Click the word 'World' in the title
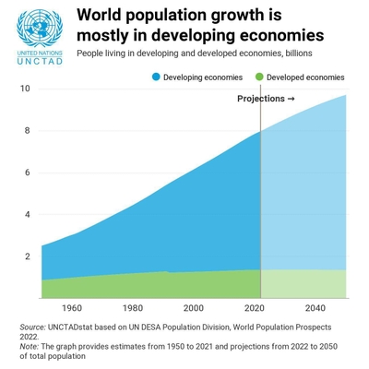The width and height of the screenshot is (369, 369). [100, 16]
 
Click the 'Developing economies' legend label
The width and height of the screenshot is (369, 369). [203, 77]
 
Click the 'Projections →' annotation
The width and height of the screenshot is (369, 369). [266, 99]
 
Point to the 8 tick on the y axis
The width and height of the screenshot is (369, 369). [28, 131]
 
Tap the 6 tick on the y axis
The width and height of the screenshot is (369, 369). [28, 173]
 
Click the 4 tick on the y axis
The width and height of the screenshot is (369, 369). [28, 215]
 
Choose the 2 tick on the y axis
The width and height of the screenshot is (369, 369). [28, 256]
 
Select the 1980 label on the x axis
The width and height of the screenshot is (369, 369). [133, 308]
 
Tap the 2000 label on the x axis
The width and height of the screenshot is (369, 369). [194, 308]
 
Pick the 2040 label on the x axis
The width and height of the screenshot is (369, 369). [315, 308]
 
